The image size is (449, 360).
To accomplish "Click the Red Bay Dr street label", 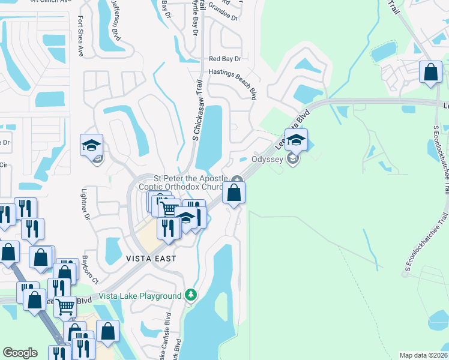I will [224, 59].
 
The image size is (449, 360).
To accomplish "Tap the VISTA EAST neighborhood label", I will [151, 259].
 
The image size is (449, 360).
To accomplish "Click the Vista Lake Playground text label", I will [140, 296].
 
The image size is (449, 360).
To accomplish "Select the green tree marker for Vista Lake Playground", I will [191, 295].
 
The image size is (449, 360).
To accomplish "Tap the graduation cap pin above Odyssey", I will [296, 141].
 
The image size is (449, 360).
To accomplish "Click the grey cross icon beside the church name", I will [237, 179].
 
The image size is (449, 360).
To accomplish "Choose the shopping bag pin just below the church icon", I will [234, 194].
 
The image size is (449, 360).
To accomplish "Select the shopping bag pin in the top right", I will [430, 73].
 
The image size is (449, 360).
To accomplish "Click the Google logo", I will [20, 353].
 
